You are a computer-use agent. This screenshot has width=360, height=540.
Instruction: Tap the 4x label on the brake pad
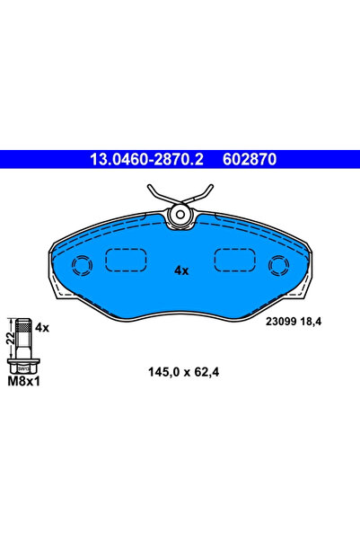[x=180, y=269]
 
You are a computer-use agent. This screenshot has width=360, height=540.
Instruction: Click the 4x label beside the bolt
[x=42, y=329]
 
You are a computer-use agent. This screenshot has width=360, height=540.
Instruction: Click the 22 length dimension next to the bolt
[x=8, y=336]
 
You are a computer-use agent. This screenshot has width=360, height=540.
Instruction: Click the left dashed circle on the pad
[x=82, y=265]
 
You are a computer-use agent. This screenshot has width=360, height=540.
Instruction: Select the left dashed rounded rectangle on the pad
[x=126, y=260]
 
